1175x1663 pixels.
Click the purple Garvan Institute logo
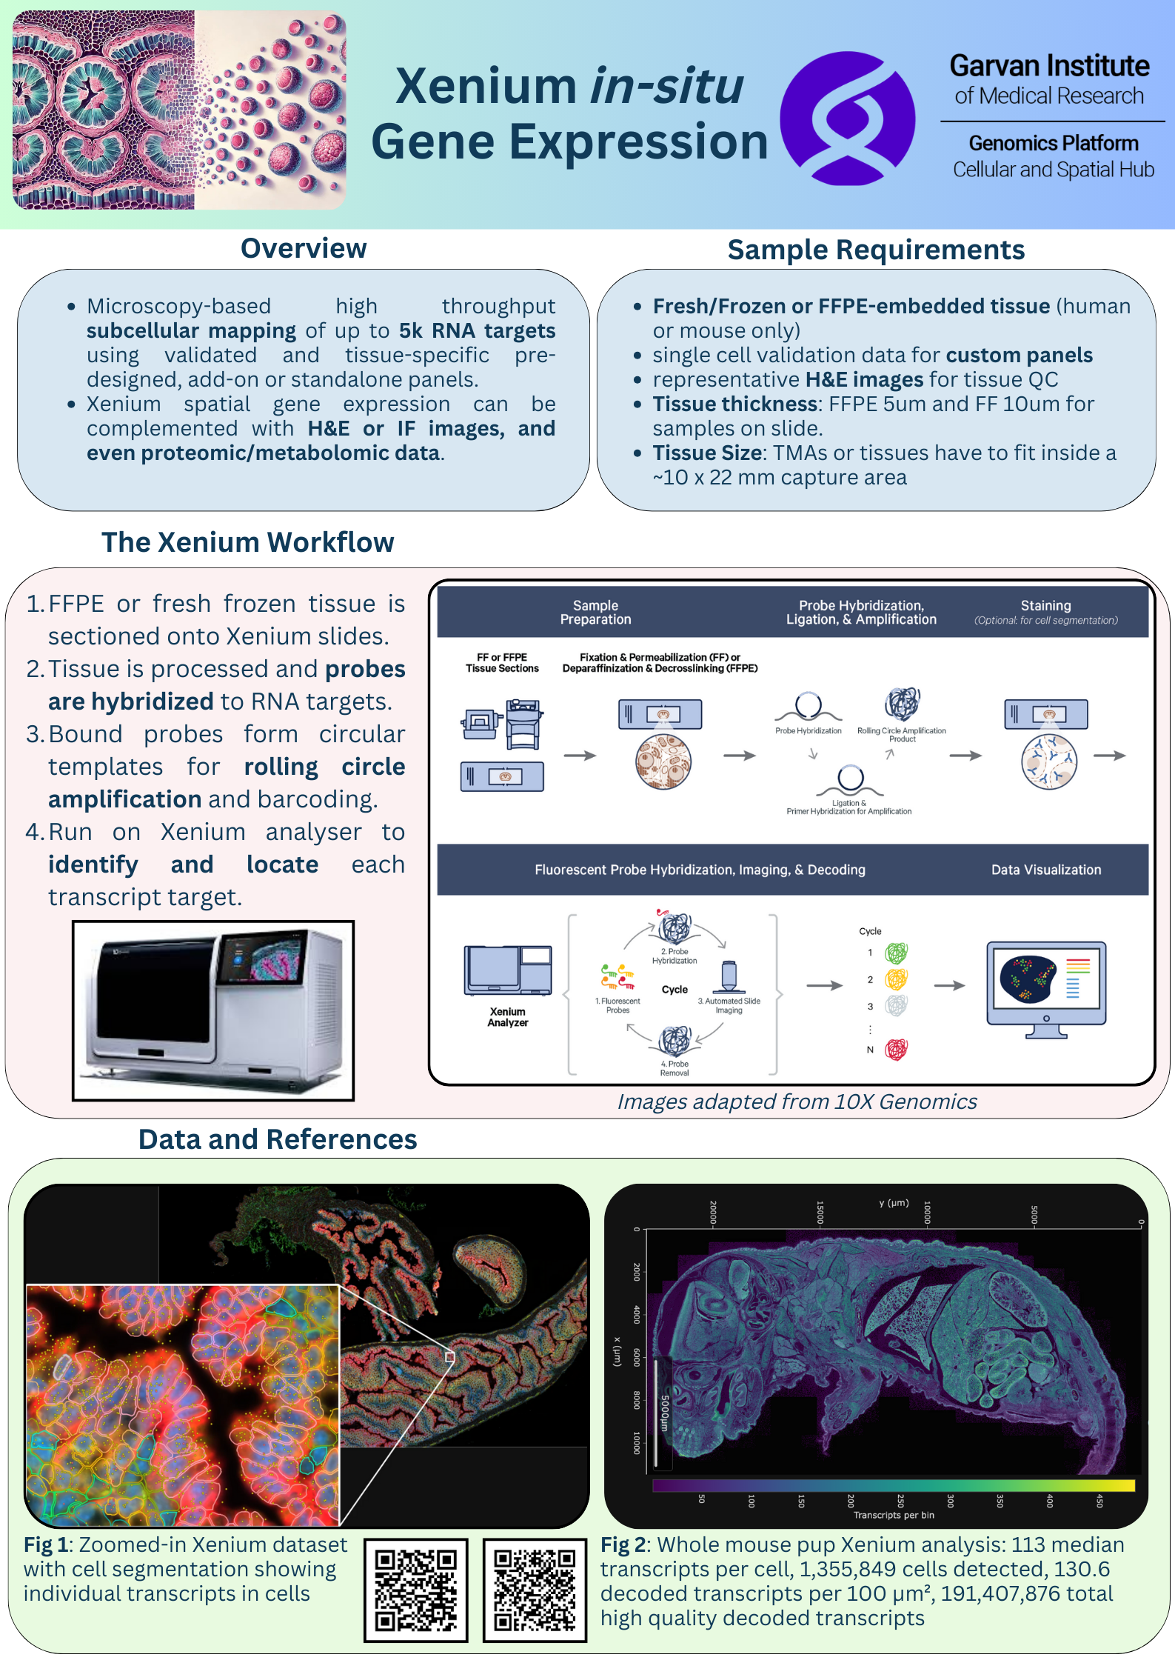tap(847, 118)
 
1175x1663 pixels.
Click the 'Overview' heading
tap(304, 249)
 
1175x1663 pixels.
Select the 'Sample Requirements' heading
tap(876, 250)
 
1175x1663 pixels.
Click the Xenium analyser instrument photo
tap(213, 1010)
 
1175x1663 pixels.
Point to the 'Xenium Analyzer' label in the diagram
tap(507, 1017)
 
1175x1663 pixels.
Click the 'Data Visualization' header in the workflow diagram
tap(1045, 870)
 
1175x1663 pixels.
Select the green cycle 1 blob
tap(896, 953)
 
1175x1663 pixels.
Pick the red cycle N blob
tap(896, 1049)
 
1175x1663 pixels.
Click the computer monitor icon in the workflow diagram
tap(1045, 987)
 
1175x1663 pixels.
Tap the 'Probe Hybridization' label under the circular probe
tap(808, 731)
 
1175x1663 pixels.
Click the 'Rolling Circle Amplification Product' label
tap(901, 734)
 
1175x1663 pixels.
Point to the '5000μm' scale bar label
tap(664, 1413)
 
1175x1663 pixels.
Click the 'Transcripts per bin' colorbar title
tap(894, 1515)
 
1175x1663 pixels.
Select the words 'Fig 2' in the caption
tap(624, 1544)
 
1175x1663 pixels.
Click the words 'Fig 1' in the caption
tap(47, 1544)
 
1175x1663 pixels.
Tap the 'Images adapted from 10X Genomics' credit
tap(797, 1102)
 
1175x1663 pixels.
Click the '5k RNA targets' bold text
tap(477, 330)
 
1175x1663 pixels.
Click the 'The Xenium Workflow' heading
tap(247, 542)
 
